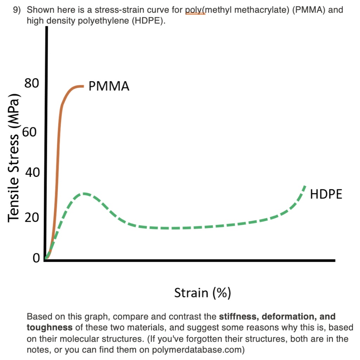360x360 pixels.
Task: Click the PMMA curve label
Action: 109,86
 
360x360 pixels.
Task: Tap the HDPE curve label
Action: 326,194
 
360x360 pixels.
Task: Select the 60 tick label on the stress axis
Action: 30,133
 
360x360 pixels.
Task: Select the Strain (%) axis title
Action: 202,292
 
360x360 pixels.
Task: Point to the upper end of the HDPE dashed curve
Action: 304,186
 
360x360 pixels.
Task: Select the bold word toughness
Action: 50,327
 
